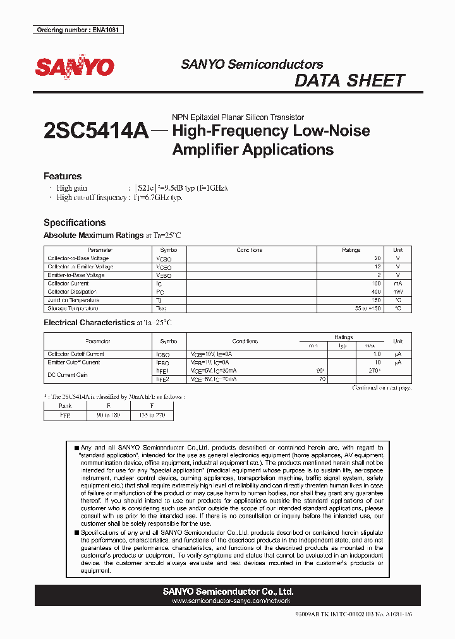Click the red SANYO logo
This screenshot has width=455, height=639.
pyautogui.click(x=74, y=68)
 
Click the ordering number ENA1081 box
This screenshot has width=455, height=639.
pyautogui.click(x=78, y=30)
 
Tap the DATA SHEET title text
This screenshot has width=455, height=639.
pyautogui.click(x=349, y=81)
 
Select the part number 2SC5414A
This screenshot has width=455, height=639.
pyautogui.click(x=96, y=131)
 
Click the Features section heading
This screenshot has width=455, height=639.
pyautogui.click(x=63, y=176)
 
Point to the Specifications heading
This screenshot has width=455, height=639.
pyautogui.click(x=75, y=222)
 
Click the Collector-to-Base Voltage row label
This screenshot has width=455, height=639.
pyautogui.click(x=78, y=258)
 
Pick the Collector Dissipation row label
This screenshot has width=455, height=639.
pyautogui.click(x=71, y=292)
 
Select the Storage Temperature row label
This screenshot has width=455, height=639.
pyautogui.click(x=73, y=309)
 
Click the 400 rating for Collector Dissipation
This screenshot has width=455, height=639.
pyautogui.click(x=376, y=292)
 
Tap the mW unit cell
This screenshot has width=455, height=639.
pyautogui.click(x=397, y=292)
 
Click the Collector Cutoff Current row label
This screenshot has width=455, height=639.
pyautogui.click(x=76, y=354)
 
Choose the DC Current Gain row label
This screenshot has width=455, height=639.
pyautogui.click(x=67, y=375)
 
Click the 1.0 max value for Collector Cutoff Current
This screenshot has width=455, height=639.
pyautogui.click(x=375, y=354)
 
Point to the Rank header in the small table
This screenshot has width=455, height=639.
pyautogui.click(x=65, y=406)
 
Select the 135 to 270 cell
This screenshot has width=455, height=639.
pyautogui.click(x=151, y=416)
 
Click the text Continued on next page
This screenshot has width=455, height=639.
pyautogui.click(x=382, y=388)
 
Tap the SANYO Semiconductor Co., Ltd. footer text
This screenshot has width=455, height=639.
pyautogui.click(x=227, y=592)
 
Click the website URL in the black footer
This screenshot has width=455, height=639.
pyautogui.click(x=227, y=601)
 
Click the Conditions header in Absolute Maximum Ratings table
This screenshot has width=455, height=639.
pyautogui.click(x=249, y=250)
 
